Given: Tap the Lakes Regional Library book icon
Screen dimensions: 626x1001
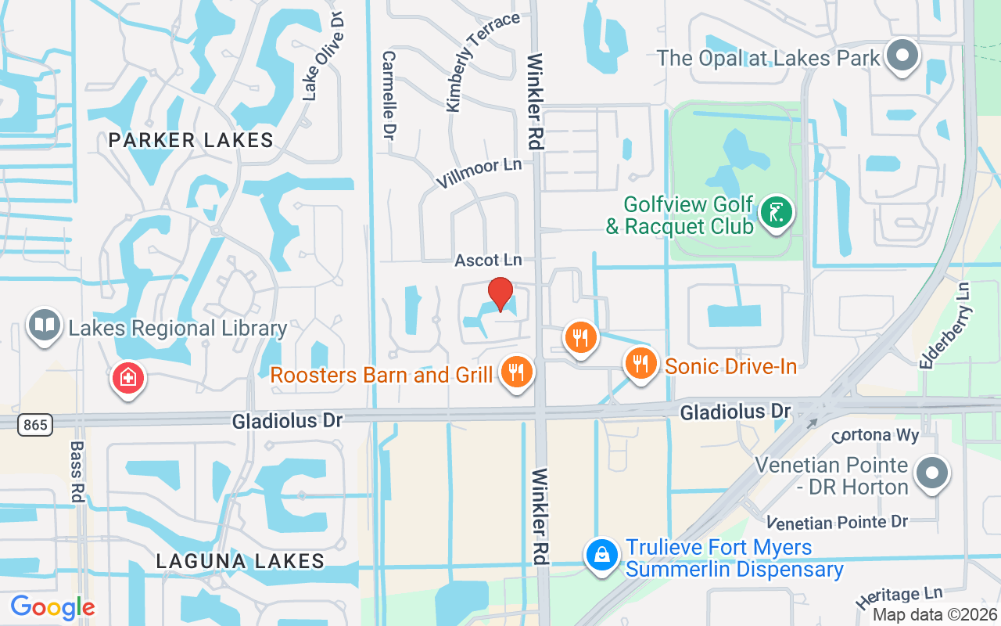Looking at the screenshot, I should point(44,326).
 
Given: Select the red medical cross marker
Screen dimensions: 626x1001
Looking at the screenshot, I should point(128,379).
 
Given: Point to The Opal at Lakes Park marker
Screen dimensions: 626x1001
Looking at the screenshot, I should point(903,56).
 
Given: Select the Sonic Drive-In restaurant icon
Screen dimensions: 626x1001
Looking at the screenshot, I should point(640,363).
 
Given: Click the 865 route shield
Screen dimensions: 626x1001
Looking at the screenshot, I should point(35,425).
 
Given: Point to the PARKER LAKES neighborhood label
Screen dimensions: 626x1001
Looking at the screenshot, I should point(191,140).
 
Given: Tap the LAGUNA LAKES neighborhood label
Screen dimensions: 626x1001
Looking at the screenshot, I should point(240,561).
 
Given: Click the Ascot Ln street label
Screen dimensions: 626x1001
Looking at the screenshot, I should point(488,259).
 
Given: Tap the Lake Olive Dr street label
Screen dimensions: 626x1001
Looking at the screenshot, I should point(323,56).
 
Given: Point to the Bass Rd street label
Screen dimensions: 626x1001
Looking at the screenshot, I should point(77,472).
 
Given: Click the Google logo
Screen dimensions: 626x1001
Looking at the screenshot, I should point(52,606).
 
